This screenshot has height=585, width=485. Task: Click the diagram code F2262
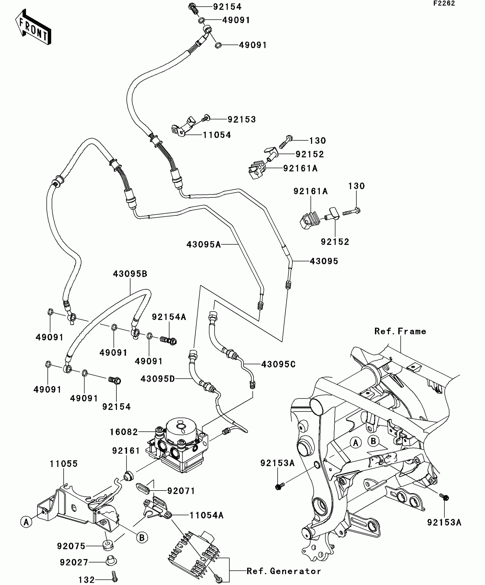(x=444, y=3)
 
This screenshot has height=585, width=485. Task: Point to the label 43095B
(x=130, y=274)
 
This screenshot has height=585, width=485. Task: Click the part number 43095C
(x=278, y=364)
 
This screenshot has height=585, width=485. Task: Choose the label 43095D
(x=157, y=379)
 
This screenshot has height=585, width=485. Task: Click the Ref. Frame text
(x=400, y=331)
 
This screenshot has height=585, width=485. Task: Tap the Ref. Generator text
(x=284, y=571)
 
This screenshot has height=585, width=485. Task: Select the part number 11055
(x=64, y=464)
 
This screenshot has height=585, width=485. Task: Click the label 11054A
(x=207, y=515)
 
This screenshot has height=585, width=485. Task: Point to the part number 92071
(x=181, y=491)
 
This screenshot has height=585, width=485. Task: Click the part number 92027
(x=74, y=562)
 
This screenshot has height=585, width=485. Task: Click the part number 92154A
(x=169, y=317)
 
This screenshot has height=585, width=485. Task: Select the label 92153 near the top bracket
(x=242, y=119)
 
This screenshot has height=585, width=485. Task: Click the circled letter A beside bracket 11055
(x=26, y=522)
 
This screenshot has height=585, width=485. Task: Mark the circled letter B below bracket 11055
(x=142, y=538)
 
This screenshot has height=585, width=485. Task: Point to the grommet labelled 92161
(x=128, y=476)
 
